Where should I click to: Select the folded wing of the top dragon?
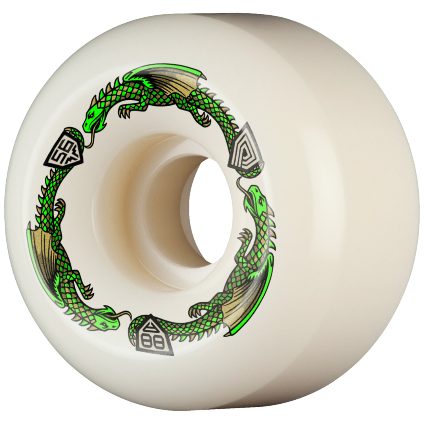click(x=173, y=80)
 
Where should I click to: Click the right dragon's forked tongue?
click(x=240, y=185)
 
